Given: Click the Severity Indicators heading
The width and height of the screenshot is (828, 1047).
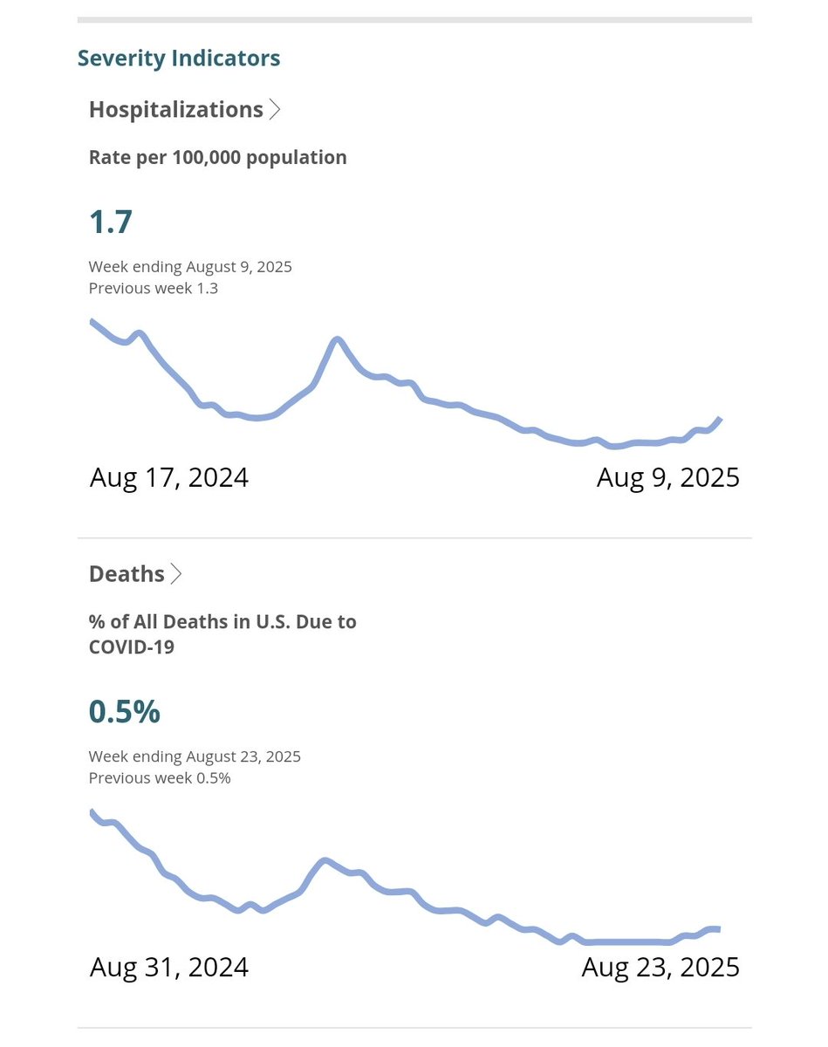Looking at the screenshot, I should (179, 58).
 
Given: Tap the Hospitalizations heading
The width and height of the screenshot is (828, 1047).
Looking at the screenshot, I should (175, 109).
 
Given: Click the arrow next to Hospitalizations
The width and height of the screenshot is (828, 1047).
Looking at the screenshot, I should (275, 109).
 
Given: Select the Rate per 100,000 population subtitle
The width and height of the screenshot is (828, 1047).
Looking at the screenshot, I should (217, 157).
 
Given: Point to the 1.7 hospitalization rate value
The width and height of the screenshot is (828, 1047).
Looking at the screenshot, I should (111, 222).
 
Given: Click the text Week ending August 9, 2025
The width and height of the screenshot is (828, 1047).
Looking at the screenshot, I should (190, 267).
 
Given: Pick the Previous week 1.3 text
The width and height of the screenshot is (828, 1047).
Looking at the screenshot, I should (154, 288).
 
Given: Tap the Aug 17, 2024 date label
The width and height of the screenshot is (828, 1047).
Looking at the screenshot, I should (168, 477).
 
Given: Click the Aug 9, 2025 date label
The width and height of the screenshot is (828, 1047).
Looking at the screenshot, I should (667, 477).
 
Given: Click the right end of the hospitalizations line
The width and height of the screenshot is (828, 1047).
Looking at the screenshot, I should (720, 419).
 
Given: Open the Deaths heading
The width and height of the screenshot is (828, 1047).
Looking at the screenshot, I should (127, 573).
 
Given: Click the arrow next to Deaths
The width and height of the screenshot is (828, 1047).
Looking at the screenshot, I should (176, 573).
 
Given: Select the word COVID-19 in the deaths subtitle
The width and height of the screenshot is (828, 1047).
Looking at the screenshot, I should (131, 647).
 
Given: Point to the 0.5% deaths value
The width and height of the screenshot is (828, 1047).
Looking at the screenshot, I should (124, 711).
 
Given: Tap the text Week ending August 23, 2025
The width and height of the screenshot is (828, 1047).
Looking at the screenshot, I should (195, 756).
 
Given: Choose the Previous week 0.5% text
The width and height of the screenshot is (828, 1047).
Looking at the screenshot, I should (160, 777).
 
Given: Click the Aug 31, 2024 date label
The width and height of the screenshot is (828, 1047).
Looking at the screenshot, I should (168, 967).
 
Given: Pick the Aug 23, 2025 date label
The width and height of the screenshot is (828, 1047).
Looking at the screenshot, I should (660, 967).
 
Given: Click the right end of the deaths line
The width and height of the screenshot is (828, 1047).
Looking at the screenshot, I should (717, 929).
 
